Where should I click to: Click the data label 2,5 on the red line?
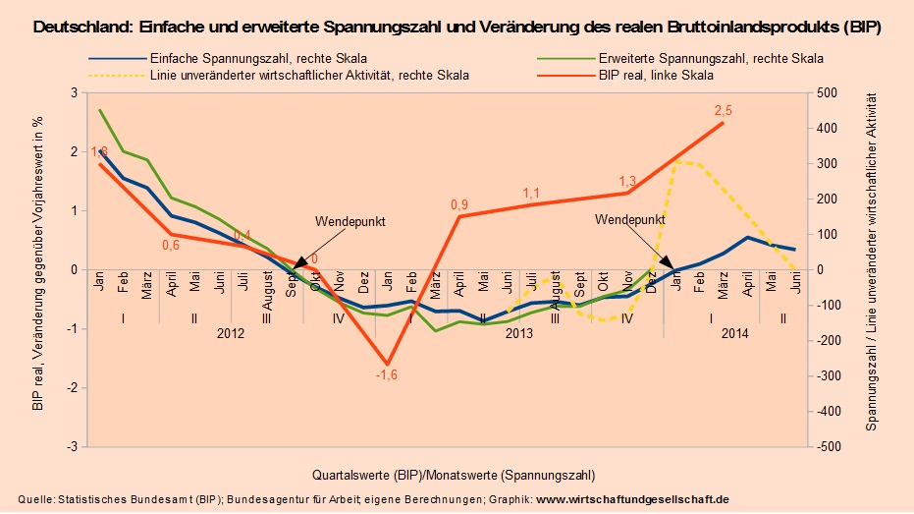(x=724, y=110)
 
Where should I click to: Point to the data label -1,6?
(x=387, y=375)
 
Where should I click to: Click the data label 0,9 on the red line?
(x=458, y=204)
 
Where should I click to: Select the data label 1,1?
(x=531, y=194)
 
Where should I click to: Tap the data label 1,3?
(x=628, y=181)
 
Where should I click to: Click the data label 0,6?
(x=171, y=246)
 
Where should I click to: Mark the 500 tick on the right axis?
(x=827, y=93)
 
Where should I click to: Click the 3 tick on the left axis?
(x=73, y=93)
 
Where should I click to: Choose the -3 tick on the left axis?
(x=71, y=447)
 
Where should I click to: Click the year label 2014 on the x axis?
(x=735, y=334)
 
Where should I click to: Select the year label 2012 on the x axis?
(x=230, y=334)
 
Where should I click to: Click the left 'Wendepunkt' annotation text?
(x=349, y=222)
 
